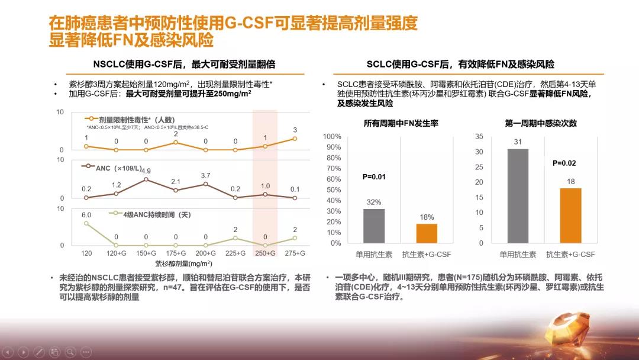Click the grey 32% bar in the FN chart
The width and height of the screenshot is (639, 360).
[x=374, y=226]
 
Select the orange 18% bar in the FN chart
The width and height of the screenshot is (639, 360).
[x=426, y=233]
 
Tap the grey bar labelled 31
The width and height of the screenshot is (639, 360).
[x=518, y=196]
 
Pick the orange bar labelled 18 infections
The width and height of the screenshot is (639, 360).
[x=570, y=216]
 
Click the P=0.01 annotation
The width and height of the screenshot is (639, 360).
[x=373, y=176]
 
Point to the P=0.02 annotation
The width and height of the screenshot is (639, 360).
[x=564, y=163]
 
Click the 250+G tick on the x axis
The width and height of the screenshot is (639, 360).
[x=265, y=253]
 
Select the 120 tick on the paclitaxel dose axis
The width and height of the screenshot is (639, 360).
[x=86, y=253]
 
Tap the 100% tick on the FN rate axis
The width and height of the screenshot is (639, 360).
[x=332, y=137]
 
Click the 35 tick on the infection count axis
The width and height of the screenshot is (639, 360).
[x=479, y=137]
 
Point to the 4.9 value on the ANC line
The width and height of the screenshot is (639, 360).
[x=146, y=171]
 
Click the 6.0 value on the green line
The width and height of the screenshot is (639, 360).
[x=86, y=215]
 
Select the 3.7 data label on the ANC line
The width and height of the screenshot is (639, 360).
[x=205, y=176]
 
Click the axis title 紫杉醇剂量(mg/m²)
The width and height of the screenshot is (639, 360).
[x=183, y=264]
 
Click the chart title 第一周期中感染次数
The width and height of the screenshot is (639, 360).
[x=541, y=123]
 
